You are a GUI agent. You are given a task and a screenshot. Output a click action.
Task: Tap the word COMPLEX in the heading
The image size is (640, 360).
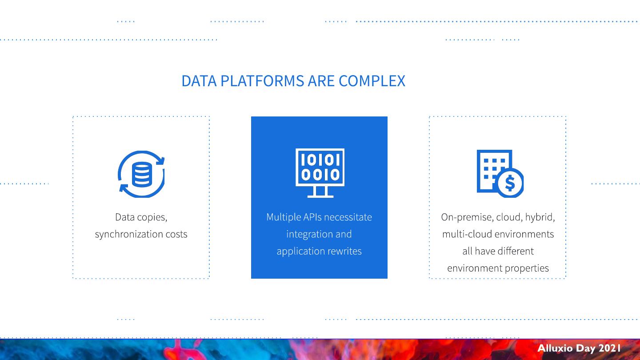(x=372, y=81)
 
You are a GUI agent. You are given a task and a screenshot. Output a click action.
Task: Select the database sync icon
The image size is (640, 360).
(x=141, y=174)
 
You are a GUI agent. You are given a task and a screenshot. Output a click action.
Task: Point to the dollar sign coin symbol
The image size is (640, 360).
(x=510, y=183)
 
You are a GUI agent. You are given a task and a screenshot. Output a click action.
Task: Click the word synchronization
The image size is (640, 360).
(x=129, y=234)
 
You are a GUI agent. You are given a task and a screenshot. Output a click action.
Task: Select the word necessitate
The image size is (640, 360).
(x=348, y=217)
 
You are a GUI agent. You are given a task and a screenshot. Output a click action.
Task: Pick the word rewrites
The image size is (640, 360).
(x=345, y=251)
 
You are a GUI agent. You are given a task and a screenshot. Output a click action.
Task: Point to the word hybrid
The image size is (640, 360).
(x=540, y=217)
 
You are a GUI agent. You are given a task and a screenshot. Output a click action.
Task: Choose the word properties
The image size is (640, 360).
(x=526, y=268)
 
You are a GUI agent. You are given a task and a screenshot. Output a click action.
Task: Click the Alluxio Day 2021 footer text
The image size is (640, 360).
(x=579, y=348)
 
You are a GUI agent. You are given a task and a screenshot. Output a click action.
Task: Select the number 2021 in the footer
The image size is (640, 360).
(x=609, y=348)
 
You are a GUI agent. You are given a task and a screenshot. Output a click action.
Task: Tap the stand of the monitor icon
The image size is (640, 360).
(x=320, y=192)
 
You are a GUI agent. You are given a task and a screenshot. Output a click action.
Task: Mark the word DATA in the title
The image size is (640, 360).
(x=199, y=81)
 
